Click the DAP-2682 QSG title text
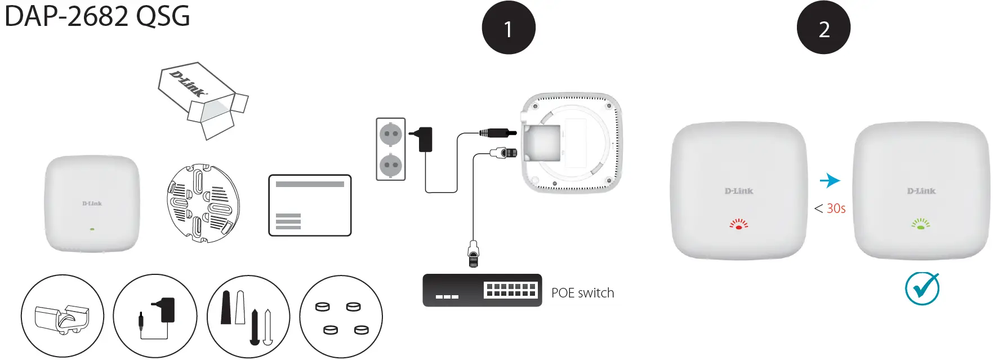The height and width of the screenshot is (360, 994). (97, 16)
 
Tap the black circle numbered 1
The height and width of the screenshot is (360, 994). (508, 28)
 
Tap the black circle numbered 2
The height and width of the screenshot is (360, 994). (823, 28)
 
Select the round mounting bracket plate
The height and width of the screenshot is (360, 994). (203, 203)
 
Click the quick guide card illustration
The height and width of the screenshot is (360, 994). (310, 205)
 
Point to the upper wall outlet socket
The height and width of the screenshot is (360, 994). (390, 134)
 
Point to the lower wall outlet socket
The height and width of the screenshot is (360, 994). (390, 166)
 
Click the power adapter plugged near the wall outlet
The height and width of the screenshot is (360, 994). (425, 139)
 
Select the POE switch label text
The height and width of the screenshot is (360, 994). (582, 293)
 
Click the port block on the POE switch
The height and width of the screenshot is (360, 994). (510, 290)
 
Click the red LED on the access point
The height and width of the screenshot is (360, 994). (738, 225)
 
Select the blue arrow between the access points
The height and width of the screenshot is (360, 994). (830, 180)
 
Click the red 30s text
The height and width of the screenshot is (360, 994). (836, 208)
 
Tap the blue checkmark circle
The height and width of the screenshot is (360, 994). (922, 289)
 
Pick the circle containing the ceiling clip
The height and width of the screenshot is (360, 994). (63, 316)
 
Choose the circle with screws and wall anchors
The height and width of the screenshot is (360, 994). (248, 316)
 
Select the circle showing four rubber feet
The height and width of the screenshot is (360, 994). (341, 316)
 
